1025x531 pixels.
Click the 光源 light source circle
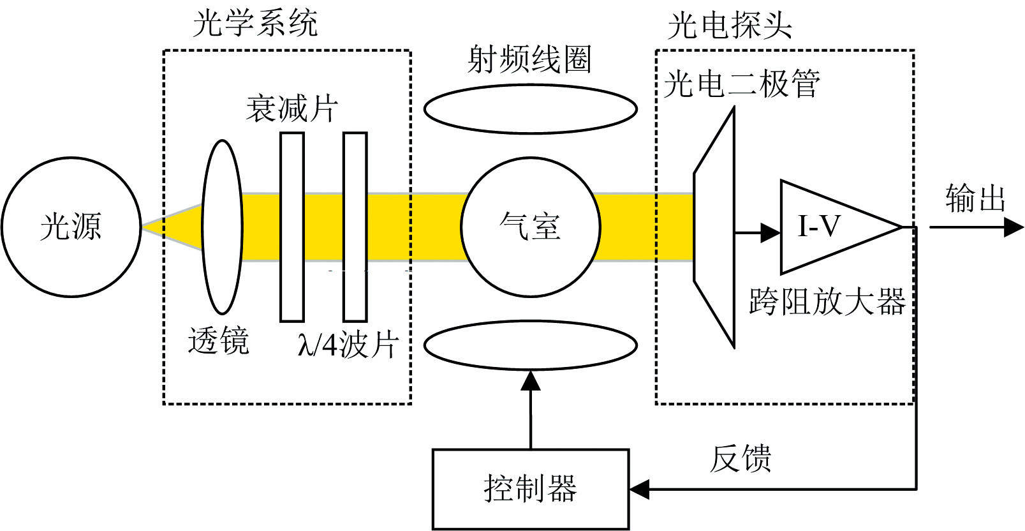tap(71, 227)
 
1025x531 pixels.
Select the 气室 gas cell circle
tap(530, 227)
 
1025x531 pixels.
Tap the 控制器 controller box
tap(531, 490)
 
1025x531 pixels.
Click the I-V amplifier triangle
tap(829, 227)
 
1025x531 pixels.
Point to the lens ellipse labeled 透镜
tap(222, 227)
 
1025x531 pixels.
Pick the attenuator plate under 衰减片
tap(292, 227)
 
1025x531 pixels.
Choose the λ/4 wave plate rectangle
tap(355, 227)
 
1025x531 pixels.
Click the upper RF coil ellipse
tap(530, 109)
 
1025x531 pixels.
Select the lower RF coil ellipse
tap(530, 345)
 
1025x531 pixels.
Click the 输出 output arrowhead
tap(1014, 227)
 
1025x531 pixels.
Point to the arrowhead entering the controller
tap(640, 490)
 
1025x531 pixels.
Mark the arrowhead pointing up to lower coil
tap(531, 381)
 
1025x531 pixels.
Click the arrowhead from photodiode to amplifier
tap(771, 232)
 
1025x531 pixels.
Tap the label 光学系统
tap(255, 24)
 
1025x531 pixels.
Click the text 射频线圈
tap(529, 60)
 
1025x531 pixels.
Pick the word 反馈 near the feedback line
tap(740, 458)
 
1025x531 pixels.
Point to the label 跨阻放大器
tap(827, 302)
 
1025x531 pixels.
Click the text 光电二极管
tap(741, 84)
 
